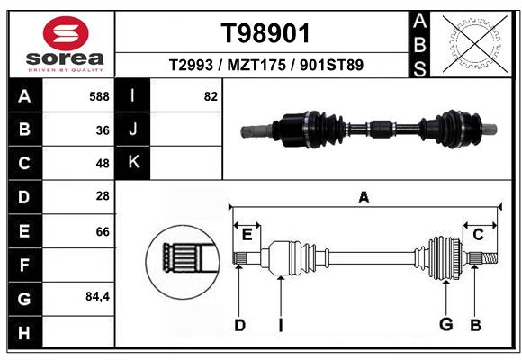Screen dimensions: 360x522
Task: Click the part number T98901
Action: click(265, 34)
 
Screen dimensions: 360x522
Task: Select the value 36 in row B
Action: click(103, 130)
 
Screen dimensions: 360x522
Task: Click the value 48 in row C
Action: click(103, 164)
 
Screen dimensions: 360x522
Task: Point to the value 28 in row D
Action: click(103, 197)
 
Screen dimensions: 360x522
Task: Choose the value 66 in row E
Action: click(103, 231)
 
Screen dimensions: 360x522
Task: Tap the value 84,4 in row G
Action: click(97, 297)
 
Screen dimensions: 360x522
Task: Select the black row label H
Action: click(23, 332)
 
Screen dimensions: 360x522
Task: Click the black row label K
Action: click(133, 163)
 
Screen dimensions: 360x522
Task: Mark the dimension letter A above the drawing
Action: click(364, 197)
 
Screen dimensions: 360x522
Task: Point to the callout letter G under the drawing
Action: click(445, 324)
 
